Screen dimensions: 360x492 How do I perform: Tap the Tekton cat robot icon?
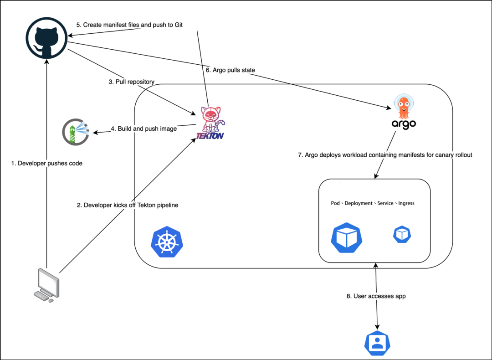point(210,120)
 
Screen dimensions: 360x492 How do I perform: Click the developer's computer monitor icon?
point(47,284)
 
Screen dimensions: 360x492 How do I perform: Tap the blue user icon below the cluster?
point(377,344)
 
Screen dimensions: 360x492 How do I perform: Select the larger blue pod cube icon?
point(346,237)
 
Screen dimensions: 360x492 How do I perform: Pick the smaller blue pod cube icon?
point(402,234)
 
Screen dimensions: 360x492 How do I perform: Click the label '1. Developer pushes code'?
point(47,163)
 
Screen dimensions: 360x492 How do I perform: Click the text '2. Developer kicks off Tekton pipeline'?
point(128,205)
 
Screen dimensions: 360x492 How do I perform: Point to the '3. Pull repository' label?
point(131,82)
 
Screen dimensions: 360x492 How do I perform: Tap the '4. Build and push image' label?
point(143,129)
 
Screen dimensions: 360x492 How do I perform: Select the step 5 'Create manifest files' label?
point(129,25)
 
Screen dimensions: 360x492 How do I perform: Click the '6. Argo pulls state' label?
point(231,70)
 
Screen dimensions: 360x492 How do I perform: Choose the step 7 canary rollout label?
point(385,155)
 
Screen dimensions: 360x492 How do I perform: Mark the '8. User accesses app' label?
point(376,296)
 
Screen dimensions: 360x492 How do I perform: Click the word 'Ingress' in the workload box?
point(406,203)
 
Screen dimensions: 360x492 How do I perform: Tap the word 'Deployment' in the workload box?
point(359,203)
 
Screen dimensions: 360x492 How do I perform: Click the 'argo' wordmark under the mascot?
point(404,123)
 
